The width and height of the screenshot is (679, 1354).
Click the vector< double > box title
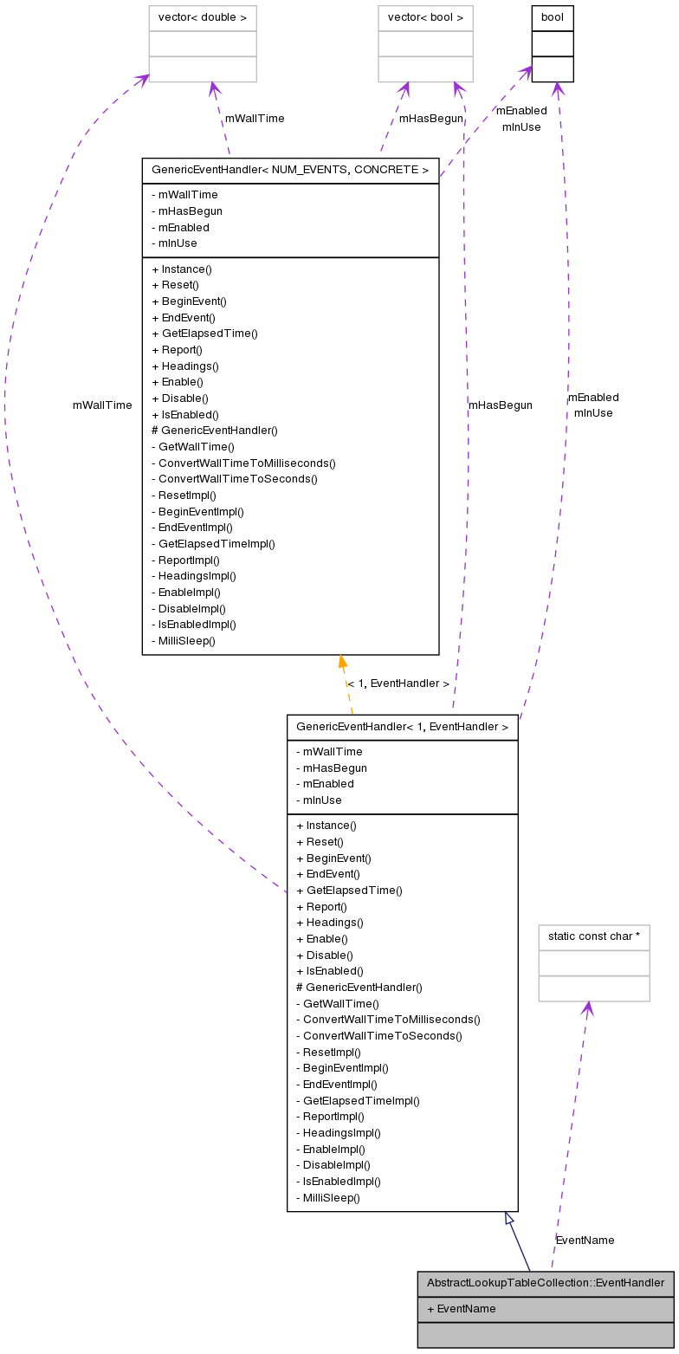203,18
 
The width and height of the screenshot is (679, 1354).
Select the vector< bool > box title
425,18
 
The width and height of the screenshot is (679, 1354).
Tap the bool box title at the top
553,18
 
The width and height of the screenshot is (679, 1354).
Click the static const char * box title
593,937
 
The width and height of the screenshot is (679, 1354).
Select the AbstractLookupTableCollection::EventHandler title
545,1283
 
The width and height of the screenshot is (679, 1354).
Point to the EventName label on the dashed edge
585,1241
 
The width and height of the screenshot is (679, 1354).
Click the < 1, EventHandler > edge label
398,683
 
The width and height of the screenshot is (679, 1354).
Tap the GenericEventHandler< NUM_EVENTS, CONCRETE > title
290,171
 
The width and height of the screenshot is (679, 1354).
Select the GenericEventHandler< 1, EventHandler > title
402,728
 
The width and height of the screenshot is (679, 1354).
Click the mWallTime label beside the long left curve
102,405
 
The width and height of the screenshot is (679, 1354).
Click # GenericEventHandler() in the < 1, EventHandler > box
359,988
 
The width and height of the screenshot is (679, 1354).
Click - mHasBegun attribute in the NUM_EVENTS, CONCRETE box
186,211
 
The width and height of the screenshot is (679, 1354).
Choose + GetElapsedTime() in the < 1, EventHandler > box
349,891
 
